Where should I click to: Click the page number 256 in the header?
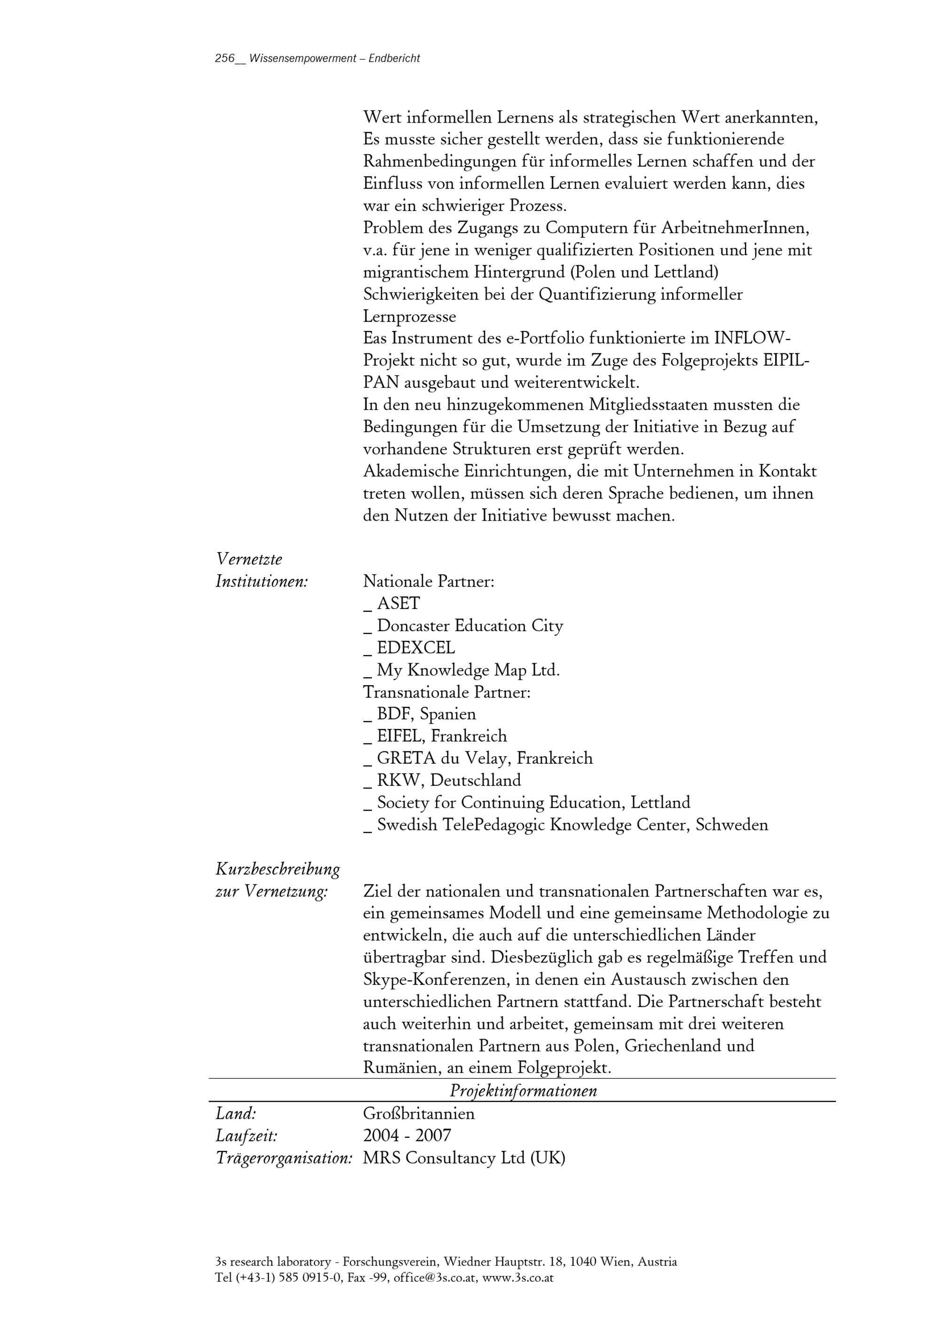click(225, 58)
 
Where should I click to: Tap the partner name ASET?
click(398, 603)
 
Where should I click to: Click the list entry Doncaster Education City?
click(470, 626)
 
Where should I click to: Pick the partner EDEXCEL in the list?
click(416, 648)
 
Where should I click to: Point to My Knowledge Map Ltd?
click(468, 670)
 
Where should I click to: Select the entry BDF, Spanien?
click(426, 714)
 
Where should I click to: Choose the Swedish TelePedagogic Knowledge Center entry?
click(572, 825)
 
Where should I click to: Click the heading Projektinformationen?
click(523, 1091)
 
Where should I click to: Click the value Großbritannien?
click(419, 1113)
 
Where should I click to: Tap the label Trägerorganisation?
click(284, 1158)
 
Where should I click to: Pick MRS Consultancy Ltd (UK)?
click(464, 1158)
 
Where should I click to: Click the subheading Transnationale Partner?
click(446, 692)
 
